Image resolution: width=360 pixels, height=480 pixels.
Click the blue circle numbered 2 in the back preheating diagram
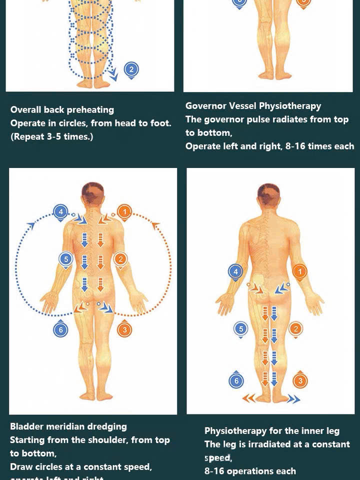(x=131, y=69)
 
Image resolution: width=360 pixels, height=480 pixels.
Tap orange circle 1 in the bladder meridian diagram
(x=124, y=212)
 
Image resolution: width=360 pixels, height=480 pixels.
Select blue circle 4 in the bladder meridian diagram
(x=60, y=211)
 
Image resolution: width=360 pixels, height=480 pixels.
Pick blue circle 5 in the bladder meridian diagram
(x=66, y=259)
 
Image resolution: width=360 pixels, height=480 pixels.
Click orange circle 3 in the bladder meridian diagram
(x=124, y=329)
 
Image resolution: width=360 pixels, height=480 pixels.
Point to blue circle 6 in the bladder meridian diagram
(x=60, y=329)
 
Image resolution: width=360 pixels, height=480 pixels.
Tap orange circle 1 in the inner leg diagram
(x=299, y=271)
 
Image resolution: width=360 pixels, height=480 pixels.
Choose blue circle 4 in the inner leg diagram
(x=235, y=271)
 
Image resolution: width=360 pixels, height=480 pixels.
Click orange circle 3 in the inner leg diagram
(x=299, y=381)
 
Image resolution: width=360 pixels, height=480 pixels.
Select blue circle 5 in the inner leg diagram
(x=241, y=329)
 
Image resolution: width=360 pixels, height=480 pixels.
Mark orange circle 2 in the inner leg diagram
(x=295, y=328)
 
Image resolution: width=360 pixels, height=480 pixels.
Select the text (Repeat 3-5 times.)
(x=51, y=136)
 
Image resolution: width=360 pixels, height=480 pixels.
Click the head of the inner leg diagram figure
(x=268, y=195)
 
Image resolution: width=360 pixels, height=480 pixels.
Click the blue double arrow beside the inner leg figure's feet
(x=293, y=398)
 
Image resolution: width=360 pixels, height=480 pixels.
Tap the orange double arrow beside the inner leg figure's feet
(x=249, y=398)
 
